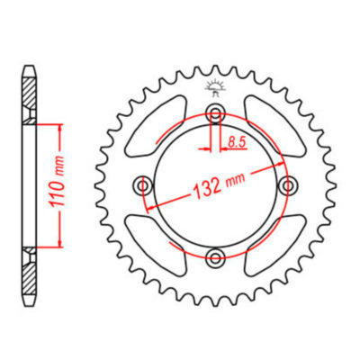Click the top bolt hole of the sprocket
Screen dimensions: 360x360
[x=215, y=112]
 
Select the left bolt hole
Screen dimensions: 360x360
[x=142, y=185]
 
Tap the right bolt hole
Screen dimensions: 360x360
[x=288, y=185]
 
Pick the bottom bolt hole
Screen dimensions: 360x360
[x=215, y=259]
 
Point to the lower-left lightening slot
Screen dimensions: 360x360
[x=157, y=243]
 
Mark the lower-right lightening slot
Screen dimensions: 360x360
[x=273, y=243]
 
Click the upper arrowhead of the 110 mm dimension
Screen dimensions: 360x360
[x=59, y=126]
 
